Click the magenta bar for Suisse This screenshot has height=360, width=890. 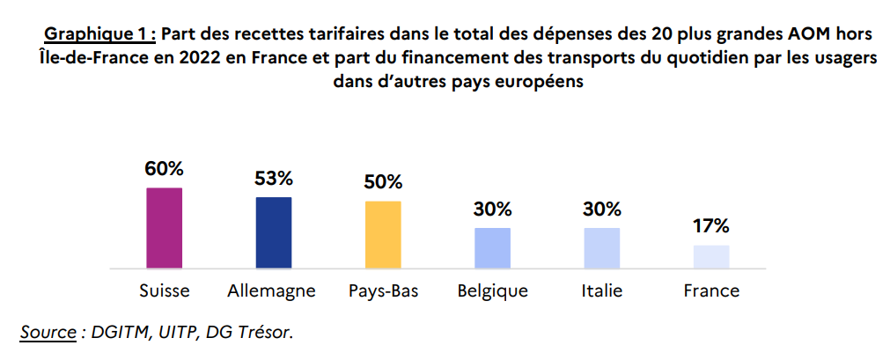click(x=164, y=227)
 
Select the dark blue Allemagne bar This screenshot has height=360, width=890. click(x=274, y=231)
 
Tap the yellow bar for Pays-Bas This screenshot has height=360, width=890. click(x=383, y=234)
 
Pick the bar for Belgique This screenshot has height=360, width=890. click(x=492, y=247)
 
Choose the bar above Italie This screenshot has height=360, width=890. click(x=602, y=247)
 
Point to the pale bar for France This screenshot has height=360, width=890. click(x=711, y=256)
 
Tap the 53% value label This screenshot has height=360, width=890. click(x=274, y=179)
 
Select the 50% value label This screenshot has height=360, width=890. click(x=383, y=182)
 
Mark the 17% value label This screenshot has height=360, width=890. click(x=711, y=226)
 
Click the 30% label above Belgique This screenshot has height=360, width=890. click(x=492, y=209)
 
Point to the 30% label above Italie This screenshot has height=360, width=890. click(x=602, y=209)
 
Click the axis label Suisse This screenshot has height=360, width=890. click(x=165, y=290)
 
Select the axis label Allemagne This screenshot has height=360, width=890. click(x=271, y=290)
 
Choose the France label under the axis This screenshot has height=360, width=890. click(x=711, y=290)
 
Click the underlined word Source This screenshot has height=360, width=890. click(x=48, y=332)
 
